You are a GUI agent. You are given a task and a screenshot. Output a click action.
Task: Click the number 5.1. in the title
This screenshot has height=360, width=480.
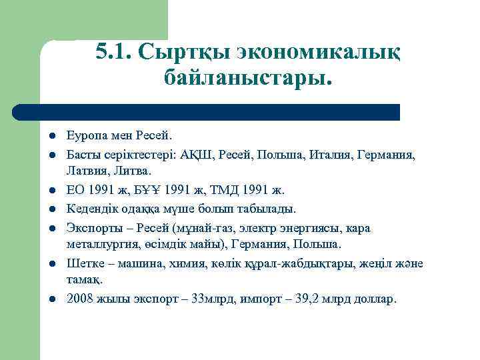(115, 51)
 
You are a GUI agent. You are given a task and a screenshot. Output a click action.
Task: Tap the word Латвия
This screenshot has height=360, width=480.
(85, 171)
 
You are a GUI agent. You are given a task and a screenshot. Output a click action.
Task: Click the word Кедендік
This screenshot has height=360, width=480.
(90, 209)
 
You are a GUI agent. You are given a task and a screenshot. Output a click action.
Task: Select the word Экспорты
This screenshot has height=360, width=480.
(92, 228)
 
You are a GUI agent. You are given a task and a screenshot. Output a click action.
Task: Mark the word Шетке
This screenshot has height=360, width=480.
(83, 263)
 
